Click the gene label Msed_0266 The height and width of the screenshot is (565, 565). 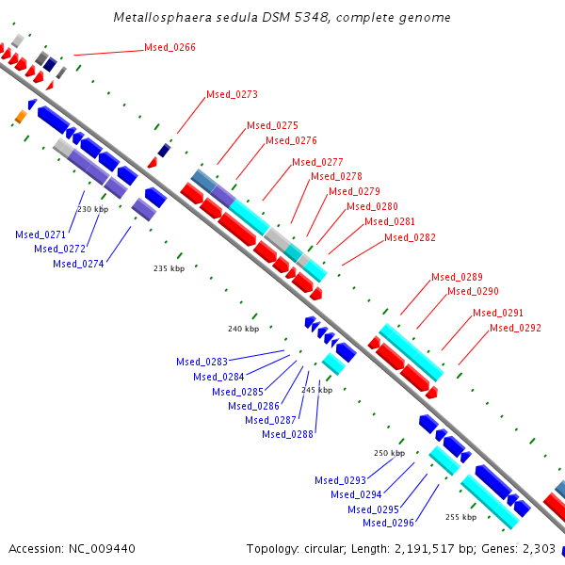(x=169, y=47)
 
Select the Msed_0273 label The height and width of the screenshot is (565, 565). (x=232, y=94)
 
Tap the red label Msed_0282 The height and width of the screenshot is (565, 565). (x=410, y=237)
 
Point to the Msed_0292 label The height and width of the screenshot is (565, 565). (x=515, y=328)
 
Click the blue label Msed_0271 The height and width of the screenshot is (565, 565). (x=41, y=234)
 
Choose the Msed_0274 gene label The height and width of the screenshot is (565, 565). (x=78, y=264)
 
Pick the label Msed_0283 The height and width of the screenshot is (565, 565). (x=202, y=362)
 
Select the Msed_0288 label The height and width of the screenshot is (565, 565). (x=287, y=434)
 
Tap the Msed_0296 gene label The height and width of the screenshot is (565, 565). (x=388, y=523)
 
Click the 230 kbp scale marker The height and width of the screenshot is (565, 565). (x=92, y=209)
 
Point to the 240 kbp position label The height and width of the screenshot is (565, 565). (x=243, y=329)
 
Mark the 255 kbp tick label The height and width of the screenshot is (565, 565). (x=460, y=517)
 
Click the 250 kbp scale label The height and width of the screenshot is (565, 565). (x=389, y=453)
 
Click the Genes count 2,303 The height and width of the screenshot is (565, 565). (x=538, y=548)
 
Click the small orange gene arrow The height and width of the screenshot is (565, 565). (x=19, y=117)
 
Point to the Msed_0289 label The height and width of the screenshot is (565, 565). (x=457, y=277)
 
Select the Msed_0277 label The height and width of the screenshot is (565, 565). (x=317, y=162)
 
